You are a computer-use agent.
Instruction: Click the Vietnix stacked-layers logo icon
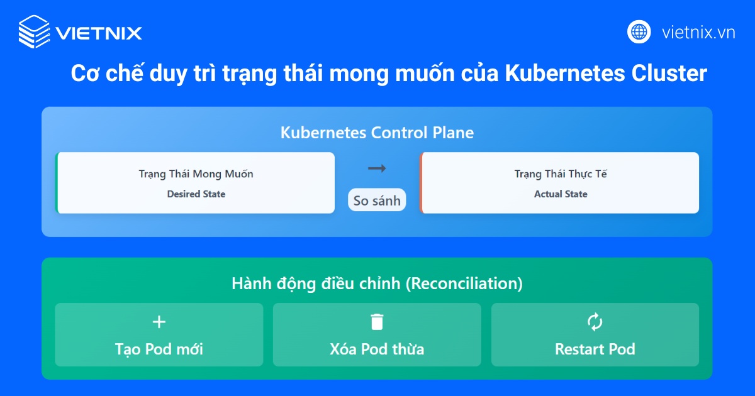pos(34,31)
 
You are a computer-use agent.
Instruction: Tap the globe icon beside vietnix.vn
pos(639,31)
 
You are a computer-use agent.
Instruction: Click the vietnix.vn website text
pos(698,32)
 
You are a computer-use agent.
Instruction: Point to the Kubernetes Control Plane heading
pos(377,133)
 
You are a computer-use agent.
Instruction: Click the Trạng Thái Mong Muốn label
pos(196,174)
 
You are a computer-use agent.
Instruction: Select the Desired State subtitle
pos(196,194)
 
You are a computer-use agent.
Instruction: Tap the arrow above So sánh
pos(377,168)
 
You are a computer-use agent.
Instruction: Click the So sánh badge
pos(377,201)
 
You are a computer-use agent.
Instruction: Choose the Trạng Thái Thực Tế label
pos(561,174)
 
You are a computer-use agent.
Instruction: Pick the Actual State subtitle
pos(561,194)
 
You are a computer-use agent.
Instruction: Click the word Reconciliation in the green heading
pos(463,283)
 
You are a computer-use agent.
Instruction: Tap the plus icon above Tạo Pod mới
pos(159,322)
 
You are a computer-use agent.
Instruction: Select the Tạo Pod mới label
pos(159,349)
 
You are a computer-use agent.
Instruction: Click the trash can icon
pos(377,322)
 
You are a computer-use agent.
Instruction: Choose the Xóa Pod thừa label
pos(377,349)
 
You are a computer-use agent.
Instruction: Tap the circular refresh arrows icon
pos(595,322)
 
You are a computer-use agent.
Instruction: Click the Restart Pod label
pos(595,349)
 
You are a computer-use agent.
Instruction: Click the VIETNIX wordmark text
pos(99,33)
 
